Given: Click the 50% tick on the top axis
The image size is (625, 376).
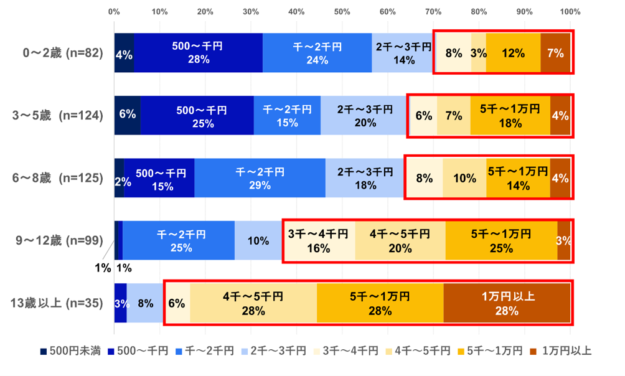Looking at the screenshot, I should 342,11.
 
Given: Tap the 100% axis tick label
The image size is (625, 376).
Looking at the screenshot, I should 570,11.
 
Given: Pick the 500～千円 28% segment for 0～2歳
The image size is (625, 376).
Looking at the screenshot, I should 198,54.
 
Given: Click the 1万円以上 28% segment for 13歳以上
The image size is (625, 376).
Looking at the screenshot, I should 507,303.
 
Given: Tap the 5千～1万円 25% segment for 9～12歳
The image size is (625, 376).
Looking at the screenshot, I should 501,240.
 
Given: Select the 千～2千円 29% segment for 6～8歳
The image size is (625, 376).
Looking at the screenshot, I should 260,178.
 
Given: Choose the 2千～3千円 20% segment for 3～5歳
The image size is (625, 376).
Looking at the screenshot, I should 364,116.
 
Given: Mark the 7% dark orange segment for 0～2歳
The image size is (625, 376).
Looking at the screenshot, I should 555,54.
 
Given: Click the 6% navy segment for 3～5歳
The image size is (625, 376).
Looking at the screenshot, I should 127,116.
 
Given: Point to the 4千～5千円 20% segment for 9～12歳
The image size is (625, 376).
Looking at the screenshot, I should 400,240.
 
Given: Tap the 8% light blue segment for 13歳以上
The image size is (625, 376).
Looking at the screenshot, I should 145,303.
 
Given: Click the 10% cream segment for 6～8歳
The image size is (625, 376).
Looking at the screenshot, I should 464,178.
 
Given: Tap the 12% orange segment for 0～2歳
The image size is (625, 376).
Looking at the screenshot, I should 513,54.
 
